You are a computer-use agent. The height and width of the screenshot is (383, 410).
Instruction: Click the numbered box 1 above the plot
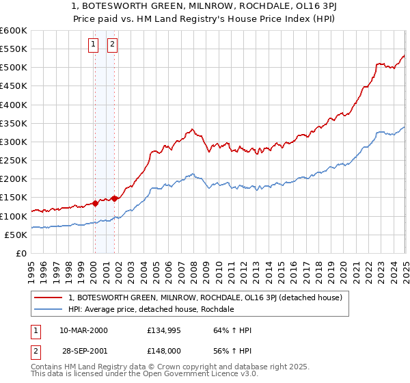[x=93, y=45]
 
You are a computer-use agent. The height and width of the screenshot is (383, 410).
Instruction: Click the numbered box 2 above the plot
[x=112, y=45]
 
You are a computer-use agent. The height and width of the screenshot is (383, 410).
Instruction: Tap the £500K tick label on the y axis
[x=14, y=68]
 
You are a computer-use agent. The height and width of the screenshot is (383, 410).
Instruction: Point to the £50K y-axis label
[x=16, y=235]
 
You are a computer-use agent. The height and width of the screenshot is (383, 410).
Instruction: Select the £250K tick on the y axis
[x=14, y=161]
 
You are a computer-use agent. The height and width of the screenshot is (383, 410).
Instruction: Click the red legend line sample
[x=49, y=298]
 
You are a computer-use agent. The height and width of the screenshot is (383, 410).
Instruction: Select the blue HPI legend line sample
[x=49, y=309]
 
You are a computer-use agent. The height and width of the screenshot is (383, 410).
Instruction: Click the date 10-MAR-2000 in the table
[x=83, y=331]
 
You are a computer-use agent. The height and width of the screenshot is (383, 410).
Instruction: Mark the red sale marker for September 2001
[x=114, y=198]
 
